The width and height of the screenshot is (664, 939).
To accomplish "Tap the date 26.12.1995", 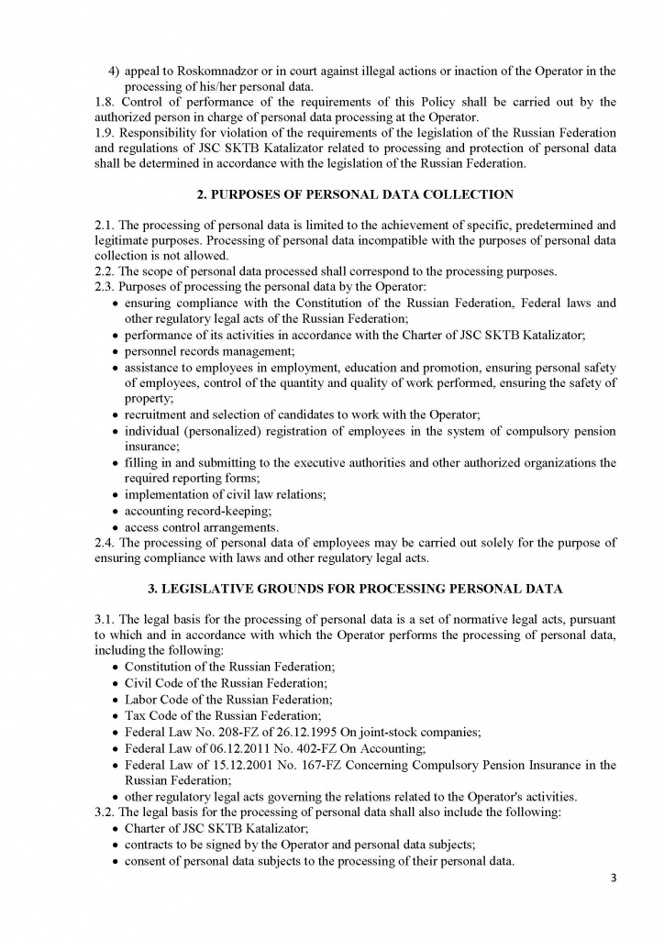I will (x=302, y=731).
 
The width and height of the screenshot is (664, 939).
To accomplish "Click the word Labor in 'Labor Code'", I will (x=141, y=700).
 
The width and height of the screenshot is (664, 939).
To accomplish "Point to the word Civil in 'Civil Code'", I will (x=140, y=684).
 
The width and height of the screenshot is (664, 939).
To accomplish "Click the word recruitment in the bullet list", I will (x=160, y=415).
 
